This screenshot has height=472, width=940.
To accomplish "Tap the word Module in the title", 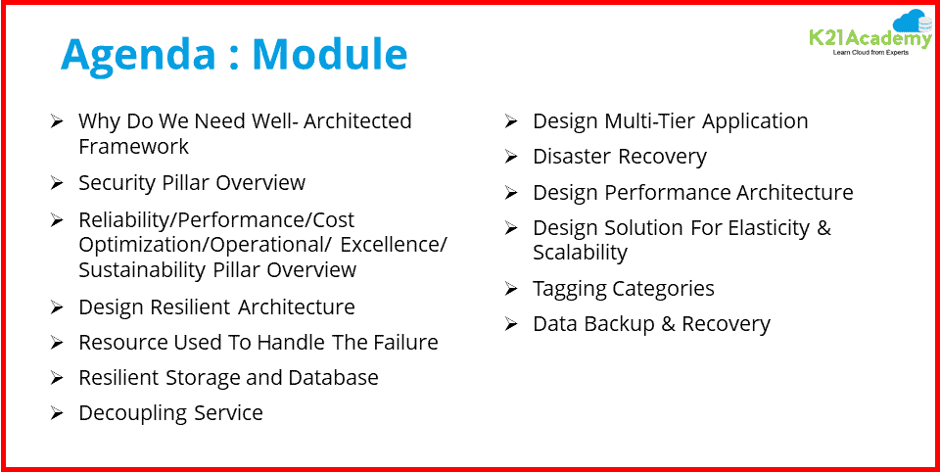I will pyautogui.click(x=333, y=55).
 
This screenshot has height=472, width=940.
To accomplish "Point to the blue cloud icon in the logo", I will pyautogui.click(x=912, y=21).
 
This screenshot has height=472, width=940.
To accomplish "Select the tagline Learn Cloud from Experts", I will pyautogui.click(x=869, y=53).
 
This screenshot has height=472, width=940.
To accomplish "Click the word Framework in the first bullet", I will pyautogui.click(x=133, y=147).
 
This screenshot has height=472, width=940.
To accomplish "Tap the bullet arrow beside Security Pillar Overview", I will pyautogui.click(x=57, y=183).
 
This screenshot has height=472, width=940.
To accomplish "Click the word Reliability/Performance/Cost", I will pyautogui.click(x=216, y=220).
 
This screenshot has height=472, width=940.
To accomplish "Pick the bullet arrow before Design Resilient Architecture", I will pyautogui.click(x=57, y=307).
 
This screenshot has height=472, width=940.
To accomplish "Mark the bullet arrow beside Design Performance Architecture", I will pyautogui.click(x=511, y=193).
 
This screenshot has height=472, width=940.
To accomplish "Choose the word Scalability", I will pyautogui.click(x=580, y=253).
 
